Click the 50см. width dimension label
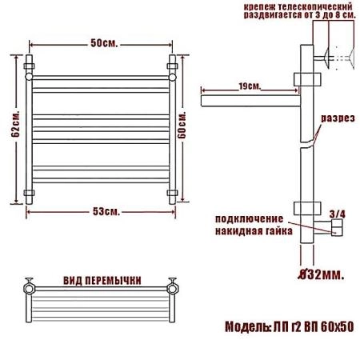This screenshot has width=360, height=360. (104, 43)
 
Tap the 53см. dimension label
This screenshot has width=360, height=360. (106, 212)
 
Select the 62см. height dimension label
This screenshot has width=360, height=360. (15, 123)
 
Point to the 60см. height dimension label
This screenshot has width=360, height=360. (182, 125)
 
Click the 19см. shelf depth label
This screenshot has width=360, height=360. (250, 86)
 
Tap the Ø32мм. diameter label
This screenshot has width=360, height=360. (321, 274)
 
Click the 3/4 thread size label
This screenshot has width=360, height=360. (338, 214)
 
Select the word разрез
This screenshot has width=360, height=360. (338, 118)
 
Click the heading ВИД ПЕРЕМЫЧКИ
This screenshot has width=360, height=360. (102, 281)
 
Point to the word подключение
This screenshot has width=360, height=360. (249, 219)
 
